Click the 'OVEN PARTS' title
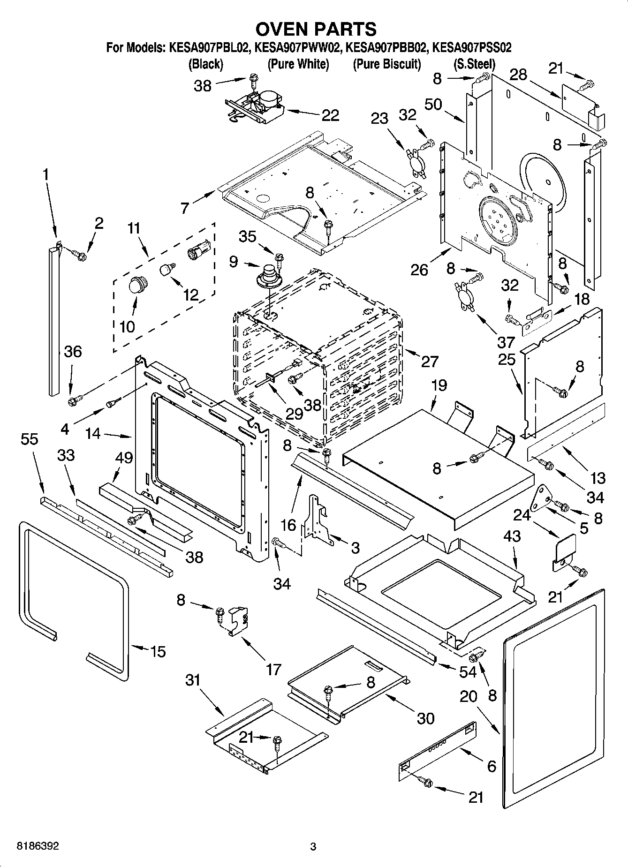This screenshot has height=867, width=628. pyautogui.click(x=315, y=29)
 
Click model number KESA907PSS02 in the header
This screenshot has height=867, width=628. pyautogui.click(x=471, y=47)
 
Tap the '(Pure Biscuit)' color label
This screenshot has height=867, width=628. pyautogui.click(x=386, y=64)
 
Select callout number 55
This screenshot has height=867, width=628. pyautogui.click(x=30, y=439)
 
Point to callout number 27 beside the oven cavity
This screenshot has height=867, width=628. pyautogui.click(x=430, y=361)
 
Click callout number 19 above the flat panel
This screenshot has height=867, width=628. pyautogui.click(x=439, y=385)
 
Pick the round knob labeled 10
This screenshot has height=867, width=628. pyautogui.click(x=137, y=285)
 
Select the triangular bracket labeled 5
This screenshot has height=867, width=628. pyautogui.click(x=544, y=498)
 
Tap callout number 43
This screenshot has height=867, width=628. pyautogui.click(x=512, y=535)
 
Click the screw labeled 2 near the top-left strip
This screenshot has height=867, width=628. pyautogui.click(x=81, y=256)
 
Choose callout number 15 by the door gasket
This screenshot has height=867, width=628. pyautogui.click(x=158, y=651)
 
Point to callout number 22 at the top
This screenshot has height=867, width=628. pyautogui.click(x=330, y=115)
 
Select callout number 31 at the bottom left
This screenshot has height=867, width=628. pyautogui.click(x=193, y=679)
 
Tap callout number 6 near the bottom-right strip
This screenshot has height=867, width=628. pyautogui.click(x=491, y=766)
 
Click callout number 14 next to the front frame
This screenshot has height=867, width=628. pyautogui.click(x=93, y=434)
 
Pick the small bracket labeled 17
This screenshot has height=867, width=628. pyautogui.click(x=238, y=621)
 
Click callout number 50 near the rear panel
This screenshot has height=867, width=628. pyautogui.click(x=433, y=104)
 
